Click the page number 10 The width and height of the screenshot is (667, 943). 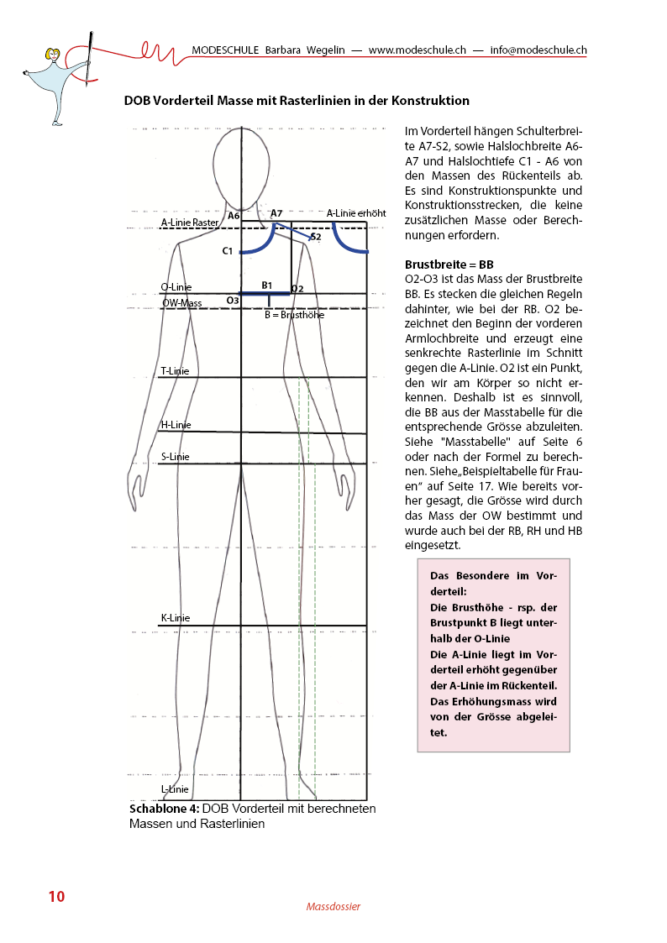(x=56, y=896)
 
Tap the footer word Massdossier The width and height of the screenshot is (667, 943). (x=333, y=907)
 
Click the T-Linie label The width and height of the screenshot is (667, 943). (x=175, y=370)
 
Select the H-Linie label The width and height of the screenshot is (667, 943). (x=176, y=425)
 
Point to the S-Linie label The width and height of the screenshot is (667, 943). (x=175, y=457)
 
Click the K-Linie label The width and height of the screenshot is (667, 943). (x=175, y=618)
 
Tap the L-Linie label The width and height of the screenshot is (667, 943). (x=175, y=789)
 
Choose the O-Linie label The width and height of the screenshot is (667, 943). (x=176, y=287)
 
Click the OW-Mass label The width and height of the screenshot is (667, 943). (x=181, y=302)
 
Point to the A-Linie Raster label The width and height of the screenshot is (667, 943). (x=190, y=223)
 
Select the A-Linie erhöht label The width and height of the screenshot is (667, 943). (x=356, y=213)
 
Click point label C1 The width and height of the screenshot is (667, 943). (x=228, y=251)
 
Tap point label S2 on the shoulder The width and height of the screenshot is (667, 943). (x=316, y=238)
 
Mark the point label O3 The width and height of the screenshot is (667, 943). (x=233, y=300)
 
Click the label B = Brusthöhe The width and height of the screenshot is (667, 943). (x=294, y=316)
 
